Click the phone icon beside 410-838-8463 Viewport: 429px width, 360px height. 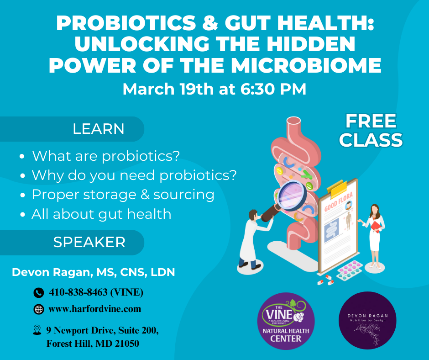point(39,293)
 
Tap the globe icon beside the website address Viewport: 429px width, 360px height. point(39,309)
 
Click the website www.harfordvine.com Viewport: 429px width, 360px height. point(94,309)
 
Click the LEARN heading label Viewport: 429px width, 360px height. point(98,129)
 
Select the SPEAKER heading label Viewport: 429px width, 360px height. point(89,242)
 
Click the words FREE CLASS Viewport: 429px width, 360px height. point(371,131)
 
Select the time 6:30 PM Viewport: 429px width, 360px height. point(273,89)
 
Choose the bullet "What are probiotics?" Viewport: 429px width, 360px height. point(105,156)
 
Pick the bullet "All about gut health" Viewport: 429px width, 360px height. point(101,214)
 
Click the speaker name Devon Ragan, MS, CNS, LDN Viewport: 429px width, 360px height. point(93,272)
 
